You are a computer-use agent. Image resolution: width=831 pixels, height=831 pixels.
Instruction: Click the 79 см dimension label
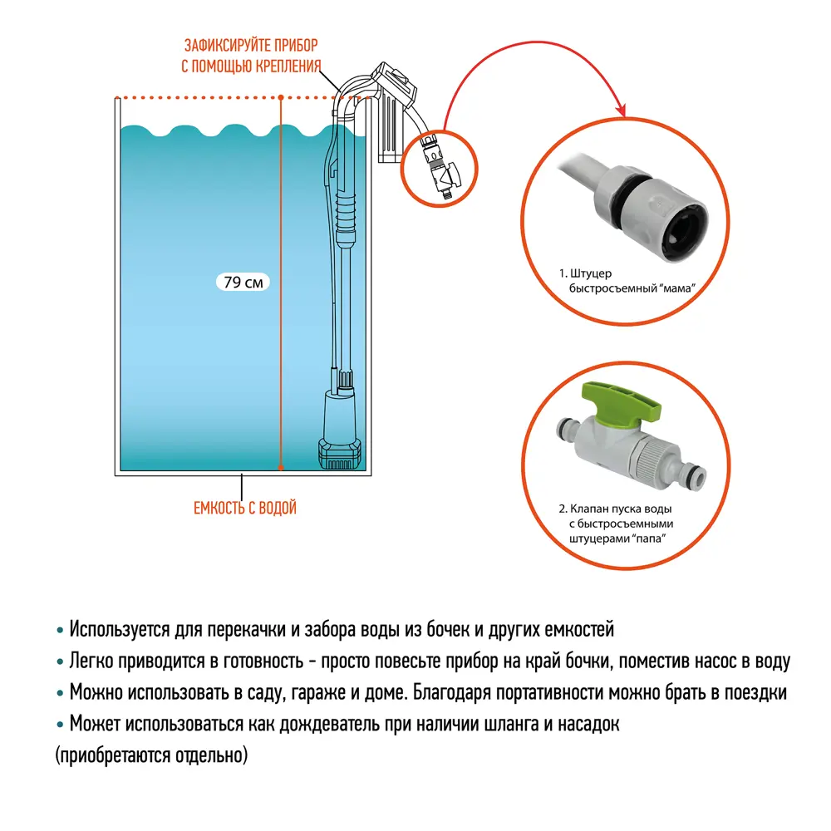click(x=242, y=283)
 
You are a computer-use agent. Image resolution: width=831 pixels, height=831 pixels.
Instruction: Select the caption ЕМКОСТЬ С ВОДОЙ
click(x=244, y=508)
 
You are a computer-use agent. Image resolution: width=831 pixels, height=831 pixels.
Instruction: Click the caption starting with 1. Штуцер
click(x=626, y=281)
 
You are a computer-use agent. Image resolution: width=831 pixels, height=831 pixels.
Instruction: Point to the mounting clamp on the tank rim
click(x=391, y=100)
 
